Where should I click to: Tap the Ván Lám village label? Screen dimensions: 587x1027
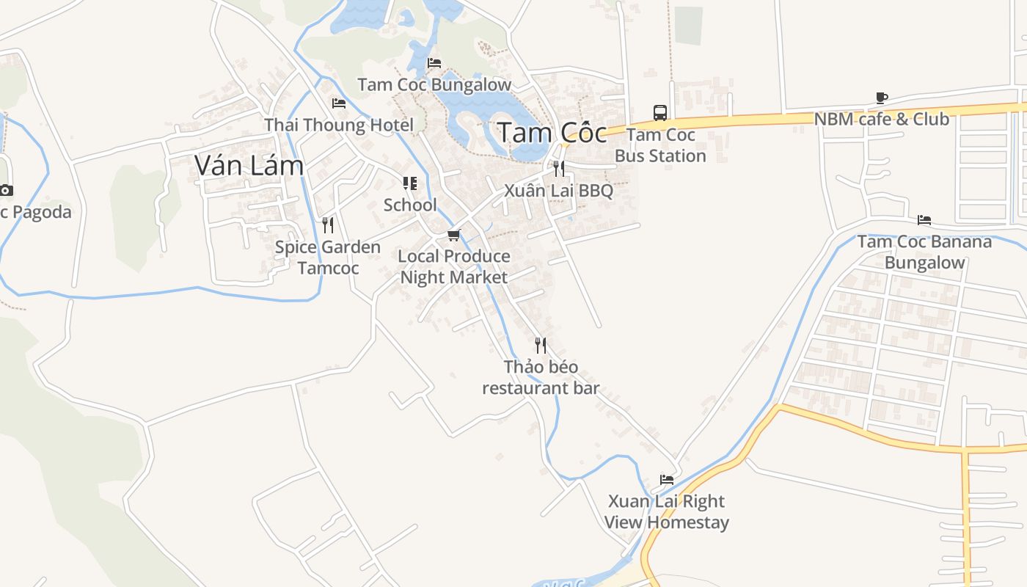(x=249, y=166)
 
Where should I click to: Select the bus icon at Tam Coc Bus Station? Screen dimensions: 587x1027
(x=660, y=113)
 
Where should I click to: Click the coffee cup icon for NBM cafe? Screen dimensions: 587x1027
(x=882, y=98)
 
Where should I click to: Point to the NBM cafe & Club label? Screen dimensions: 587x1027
(x=882, y=119)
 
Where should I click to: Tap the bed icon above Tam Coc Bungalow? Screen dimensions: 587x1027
(x=434, y=63)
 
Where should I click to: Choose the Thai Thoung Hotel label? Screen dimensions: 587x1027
(x=339, y=125)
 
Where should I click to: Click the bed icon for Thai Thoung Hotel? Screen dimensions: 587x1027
(x=339, y=103)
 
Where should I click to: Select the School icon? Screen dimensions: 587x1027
(x=410, y=183)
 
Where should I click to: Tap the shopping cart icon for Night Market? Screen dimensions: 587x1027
(x=454, y=235)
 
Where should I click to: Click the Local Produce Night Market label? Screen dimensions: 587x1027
(x=454, y=266)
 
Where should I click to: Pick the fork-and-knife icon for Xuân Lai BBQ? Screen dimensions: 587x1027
(x=559, y=169)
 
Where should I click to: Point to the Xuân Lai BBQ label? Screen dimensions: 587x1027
(x=558, y=191)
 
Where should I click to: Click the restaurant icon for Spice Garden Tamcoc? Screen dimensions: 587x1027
(x=328, y=225)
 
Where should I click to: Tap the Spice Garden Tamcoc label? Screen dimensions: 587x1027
(x=328, y=258)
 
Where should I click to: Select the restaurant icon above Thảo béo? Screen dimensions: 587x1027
(x=541, y=345)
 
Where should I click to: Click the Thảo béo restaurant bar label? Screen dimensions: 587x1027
(x=541, y=377)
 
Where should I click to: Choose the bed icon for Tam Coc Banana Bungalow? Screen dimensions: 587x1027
(x=924, y=220)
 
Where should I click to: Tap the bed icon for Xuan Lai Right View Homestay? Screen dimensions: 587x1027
(x=667, y=480)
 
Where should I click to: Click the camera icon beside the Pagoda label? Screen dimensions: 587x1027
(x=6, y=191)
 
